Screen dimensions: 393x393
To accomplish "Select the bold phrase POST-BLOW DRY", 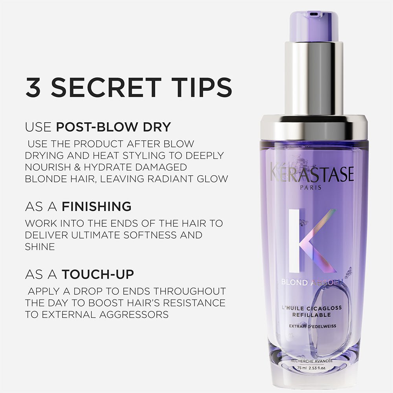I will (114, 127).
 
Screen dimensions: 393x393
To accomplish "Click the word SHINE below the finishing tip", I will (40, 246).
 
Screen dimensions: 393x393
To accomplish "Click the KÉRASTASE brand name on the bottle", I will (312, 173).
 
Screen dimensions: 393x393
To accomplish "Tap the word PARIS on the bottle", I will (310, 187).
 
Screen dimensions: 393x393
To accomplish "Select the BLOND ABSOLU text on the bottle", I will (311, 282).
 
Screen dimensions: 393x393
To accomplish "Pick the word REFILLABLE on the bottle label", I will (311, 315).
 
